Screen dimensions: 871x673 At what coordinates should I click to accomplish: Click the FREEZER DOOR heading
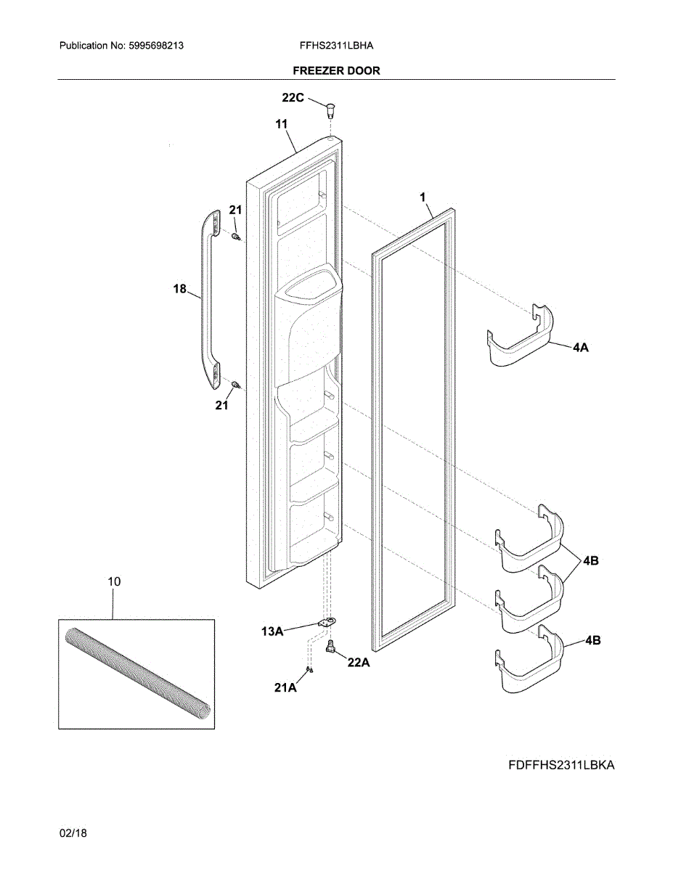[336, 70]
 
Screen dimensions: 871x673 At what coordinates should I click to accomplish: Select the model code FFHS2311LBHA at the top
[336, 45]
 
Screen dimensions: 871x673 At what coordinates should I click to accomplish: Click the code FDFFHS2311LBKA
[560, 765]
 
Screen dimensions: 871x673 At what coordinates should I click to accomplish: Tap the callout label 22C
[293, 97]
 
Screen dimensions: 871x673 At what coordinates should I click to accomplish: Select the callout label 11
[282, 124]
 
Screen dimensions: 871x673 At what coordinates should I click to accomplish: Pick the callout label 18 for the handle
[180, 289]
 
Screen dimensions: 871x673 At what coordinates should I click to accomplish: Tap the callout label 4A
[580, 348]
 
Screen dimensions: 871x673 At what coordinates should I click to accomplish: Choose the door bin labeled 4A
[519, 338]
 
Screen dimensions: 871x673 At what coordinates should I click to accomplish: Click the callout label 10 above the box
[114, 581]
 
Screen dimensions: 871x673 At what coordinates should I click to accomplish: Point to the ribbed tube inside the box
[137, 673]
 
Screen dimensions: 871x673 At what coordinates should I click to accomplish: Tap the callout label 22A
[359, 662]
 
